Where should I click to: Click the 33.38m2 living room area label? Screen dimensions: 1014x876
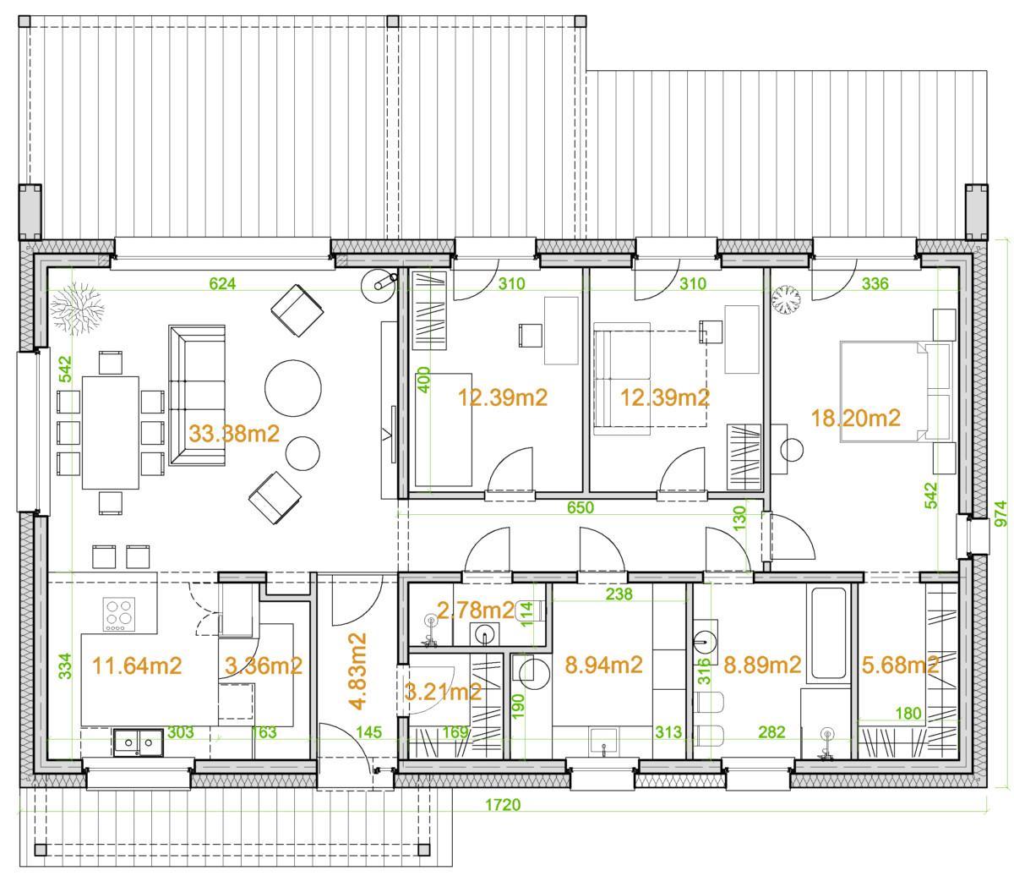(x=234, y=434)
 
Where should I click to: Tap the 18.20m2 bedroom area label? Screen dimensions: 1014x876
(x=855, y=418)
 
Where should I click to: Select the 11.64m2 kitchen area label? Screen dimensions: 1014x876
(x=137, y=665)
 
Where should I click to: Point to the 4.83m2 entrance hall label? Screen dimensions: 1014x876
(x=357, y=671)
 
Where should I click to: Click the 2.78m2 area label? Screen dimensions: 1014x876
(x=476, y=610)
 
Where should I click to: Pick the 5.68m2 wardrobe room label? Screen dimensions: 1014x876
(x=900, y=665)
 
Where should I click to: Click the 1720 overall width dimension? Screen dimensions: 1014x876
(x=503, y=805)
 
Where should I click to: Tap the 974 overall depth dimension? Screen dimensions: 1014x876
(x=1001, y=514)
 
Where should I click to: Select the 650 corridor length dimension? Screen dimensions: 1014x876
(x=581, y=507)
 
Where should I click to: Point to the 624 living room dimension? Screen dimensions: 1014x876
(x=222, y=283)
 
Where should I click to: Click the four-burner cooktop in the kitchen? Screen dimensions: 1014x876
(x=118, y=614)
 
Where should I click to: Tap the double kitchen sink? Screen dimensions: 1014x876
(x=139, y=743)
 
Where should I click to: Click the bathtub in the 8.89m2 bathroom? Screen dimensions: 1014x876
(x=829, y=633)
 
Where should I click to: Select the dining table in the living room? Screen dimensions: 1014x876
(x=111, y=433)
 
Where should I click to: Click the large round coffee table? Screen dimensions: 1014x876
(x=293, y=388)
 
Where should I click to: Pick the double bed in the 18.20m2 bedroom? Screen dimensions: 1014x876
(x=896, y=391)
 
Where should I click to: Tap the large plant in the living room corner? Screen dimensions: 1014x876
(x=77, y=309)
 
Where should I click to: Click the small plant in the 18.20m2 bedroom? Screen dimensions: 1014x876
(x=785, y=299)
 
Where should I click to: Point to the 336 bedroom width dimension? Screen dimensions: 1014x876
(x=875, y=283)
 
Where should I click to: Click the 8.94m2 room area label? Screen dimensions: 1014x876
(x=603, y=665)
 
